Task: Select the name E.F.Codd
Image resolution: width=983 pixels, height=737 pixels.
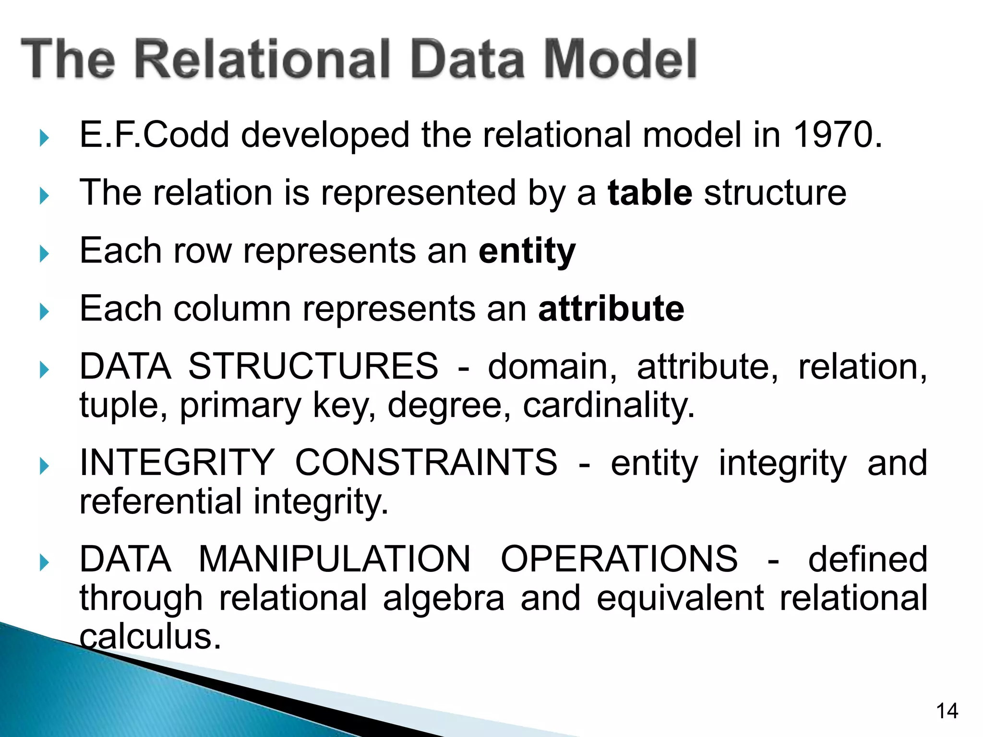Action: (x=154, y=135)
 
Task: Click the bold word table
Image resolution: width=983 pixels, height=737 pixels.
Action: (x=649, y=193)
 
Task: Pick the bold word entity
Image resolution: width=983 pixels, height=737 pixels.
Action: (x=527, y=251)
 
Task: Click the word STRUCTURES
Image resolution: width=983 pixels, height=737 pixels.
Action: (x=313, y=367)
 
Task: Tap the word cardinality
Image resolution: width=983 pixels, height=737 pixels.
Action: (x=608, y=405)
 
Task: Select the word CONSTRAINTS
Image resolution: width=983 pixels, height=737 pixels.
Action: (x=426, y=463)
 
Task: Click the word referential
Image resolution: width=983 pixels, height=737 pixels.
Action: (x=160, y=501)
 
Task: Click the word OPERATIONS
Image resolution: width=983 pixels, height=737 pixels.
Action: (x=619, y=559)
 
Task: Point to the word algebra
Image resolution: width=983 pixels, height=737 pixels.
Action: (x=444, y=598)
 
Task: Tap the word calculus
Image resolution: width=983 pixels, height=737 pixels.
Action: (x=150, y=637)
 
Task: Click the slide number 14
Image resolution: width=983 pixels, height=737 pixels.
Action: (x=947, y=711)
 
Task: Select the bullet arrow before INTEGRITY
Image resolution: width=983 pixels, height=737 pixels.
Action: (x=44, y=466)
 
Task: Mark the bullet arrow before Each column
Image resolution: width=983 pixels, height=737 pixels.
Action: (x=44, y=312)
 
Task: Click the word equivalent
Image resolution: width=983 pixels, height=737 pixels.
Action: (x=680, y=598)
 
